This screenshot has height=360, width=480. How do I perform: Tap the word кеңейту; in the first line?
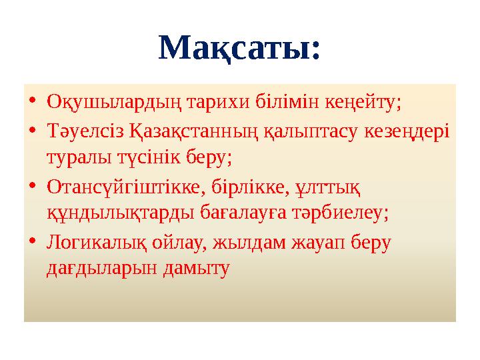[x=363, y=103]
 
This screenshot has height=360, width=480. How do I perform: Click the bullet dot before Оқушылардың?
[x=33, y=104]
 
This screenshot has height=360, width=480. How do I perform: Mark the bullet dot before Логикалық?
[x=33, y=243]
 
